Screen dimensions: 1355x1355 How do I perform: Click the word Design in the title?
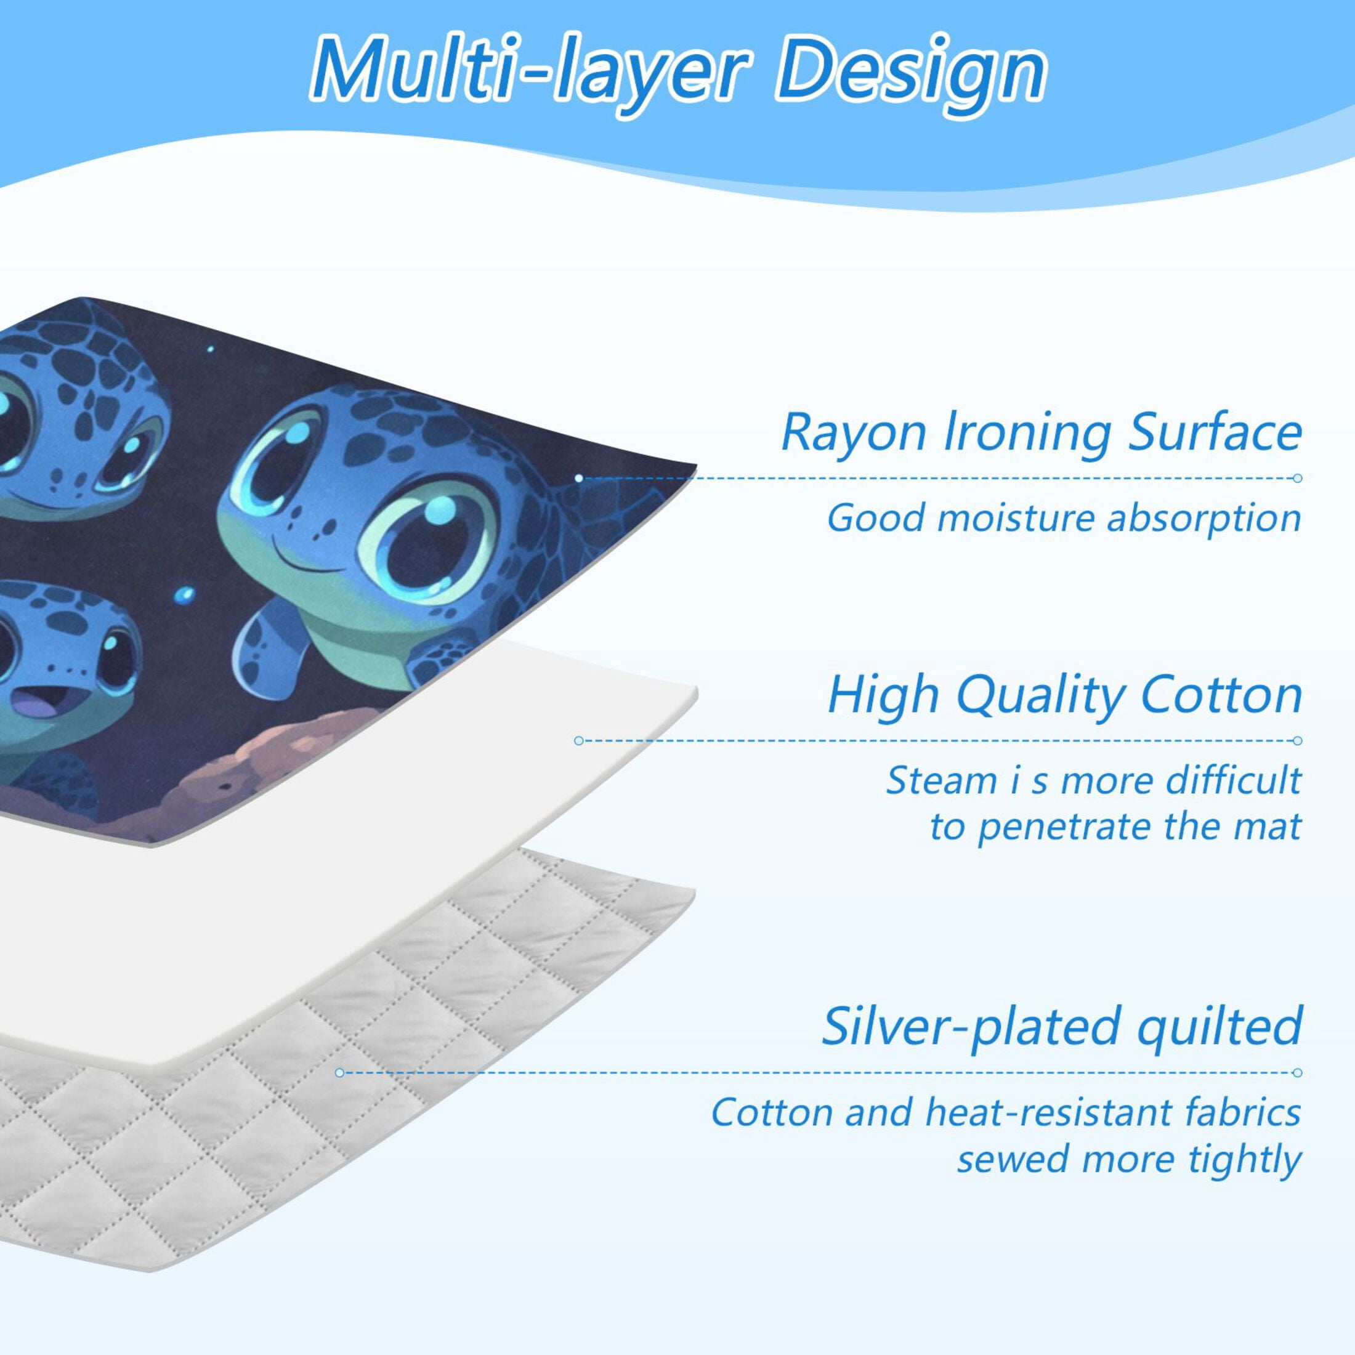tap(910, 76)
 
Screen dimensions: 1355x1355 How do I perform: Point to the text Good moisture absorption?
tap(1064, 519)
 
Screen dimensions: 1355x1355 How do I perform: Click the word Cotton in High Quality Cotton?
tap(1221, 695)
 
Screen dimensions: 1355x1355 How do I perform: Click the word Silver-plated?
tap(971, 1027)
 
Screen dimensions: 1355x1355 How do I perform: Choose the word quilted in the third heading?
tap(1219, 1027)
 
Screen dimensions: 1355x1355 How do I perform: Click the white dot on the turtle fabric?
tap(578, 479)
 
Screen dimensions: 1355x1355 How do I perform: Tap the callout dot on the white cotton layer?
tap(578, 740)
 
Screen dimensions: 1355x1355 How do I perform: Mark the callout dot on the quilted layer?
tap(339, 1073)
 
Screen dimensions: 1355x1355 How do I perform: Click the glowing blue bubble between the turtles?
tap(184, 596)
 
